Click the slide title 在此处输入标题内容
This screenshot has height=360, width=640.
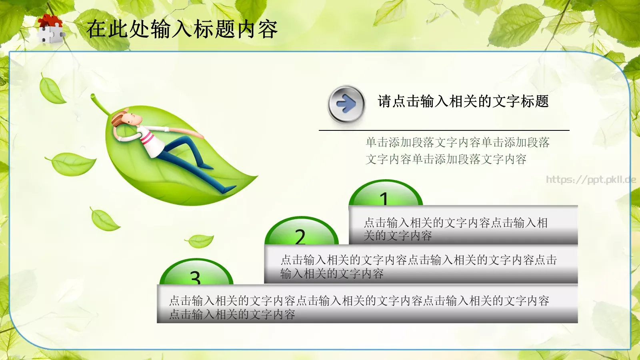point(182,29)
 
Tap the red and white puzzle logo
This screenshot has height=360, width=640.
point(50,29)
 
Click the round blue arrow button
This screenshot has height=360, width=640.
point(346,104)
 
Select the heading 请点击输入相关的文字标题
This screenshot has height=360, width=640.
point(463,102)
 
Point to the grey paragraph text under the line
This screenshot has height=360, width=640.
point(457,151)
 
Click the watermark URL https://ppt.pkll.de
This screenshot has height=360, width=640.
point(591,180)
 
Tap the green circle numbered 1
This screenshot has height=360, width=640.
point(385,195)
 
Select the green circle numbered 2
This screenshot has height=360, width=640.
point(301,232)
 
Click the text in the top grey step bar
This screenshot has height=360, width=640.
point(455,229)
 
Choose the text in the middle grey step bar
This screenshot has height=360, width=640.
point(418,266)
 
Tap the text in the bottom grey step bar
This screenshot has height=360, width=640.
point(359,307)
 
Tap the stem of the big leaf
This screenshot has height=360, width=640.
point(98,103)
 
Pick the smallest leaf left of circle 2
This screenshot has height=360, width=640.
point(200,241)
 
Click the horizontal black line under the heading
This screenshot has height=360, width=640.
point(444,130)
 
